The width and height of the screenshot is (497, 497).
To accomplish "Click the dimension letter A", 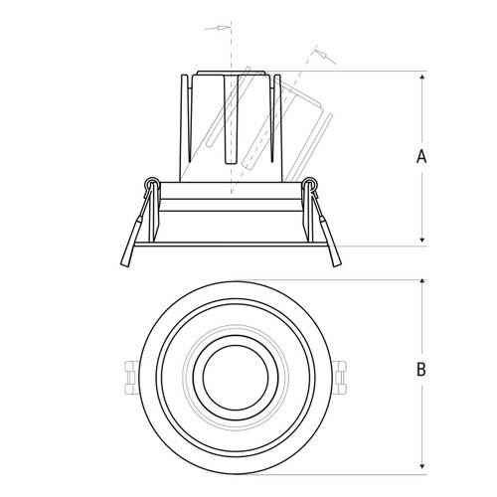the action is point(421,156).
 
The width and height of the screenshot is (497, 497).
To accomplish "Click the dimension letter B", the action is point(421,369).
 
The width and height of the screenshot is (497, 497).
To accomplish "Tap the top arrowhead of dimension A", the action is point(422,78).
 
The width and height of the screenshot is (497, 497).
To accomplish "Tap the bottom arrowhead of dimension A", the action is point(422,240).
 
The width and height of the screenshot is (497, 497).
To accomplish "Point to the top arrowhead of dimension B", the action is point(422,281).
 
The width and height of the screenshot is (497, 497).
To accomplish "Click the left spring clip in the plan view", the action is point(130,377).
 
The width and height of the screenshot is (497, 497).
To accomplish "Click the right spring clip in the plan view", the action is point(340,377).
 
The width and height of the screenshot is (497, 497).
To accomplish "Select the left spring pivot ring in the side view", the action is point(151,183).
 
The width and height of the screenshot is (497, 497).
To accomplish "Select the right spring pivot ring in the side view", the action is point(310,183).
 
